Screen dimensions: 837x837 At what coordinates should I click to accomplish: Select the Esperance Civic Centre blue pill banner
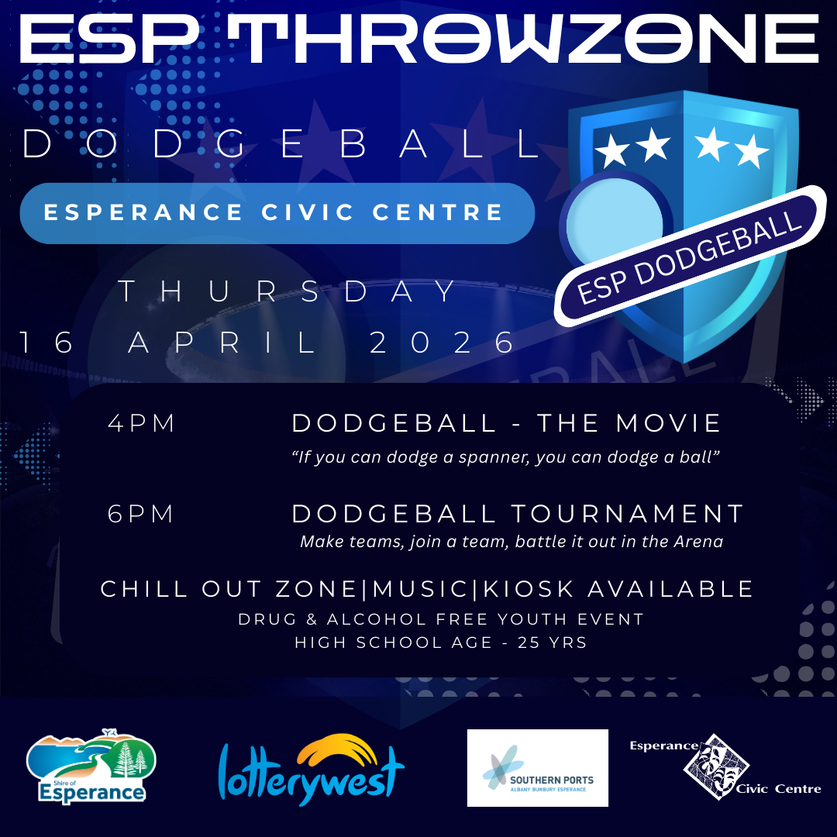click(277, 212)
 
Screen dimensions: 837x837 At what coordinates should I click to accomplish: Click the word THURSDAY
click(289, 292)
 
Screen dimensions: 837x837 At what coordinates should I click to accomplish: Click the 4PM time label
click(142, 424)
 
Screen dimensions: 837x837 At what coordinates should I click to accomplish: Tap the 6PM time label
click(142, 514)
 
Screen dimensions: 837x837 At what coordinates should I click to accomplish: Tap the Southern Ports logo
click(537, 768)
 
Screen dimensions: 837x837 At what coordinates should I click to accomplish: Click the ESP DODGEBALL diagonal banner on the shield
click(689, 256)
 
